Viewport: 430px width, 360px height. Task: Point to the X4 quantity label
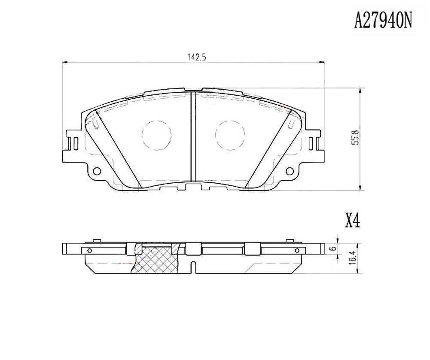coord(352,221)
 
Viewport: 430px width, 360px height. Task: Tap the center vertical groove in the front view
coord(193,137)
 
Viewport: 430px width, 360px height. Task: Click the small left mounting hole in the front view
coord(97,171)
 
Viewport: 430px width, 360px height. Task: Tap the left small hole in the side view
coord(89,250)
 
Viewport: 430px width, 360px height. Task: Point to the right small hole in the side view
coord(297,250)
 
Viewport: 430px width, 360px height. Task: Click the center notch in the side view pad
coord(194,267)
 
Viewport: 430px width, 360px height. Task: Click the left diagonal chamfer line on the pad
coord(118,148)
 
